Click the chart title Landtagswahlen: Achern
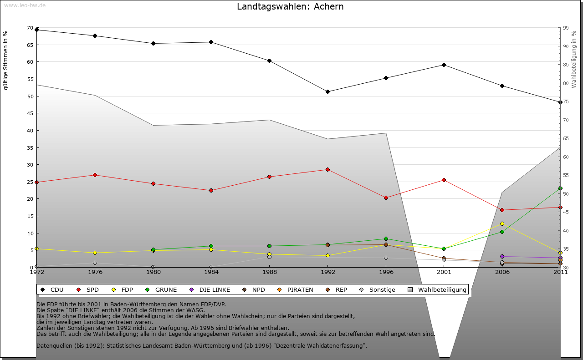pyautogui.click(x=290, y=7)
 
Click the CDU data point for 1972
pyautogui.click(x=37, y=30)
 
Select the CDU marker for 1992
pyautogui.click(x=327, y=91)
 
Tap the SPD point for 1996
pyautogui.click(x=386, y=198)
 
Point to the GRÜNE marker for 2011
pyautogui.click(x=560, y=188)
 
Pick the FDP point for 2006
pyautogui.click(x=502, y=223)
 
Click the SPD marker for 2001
pyautogui.click(x=444, y=180)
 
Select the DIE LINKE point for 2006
pyautogui.click(x=502, y=256)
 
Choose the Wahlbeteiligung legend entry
pyautogui.click(x=438, y=289)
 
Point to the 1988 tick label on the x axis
pyautogui.click(x=270, y=272)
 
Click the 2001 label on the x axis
pyautogui.click(x=444, y=272)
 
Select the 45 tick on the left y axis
pyautogui.click(x=29, y=113)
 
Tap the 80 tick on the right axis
pyautogui.click(x=565, y=83)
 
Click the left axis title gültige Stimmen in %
pyautogui.click(x=6, y=60)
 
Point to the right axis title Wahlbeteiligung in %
pyautogui.click(x=574, y=59)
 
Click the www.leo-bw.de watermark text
pyautogui.click(x=24, y=5)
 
